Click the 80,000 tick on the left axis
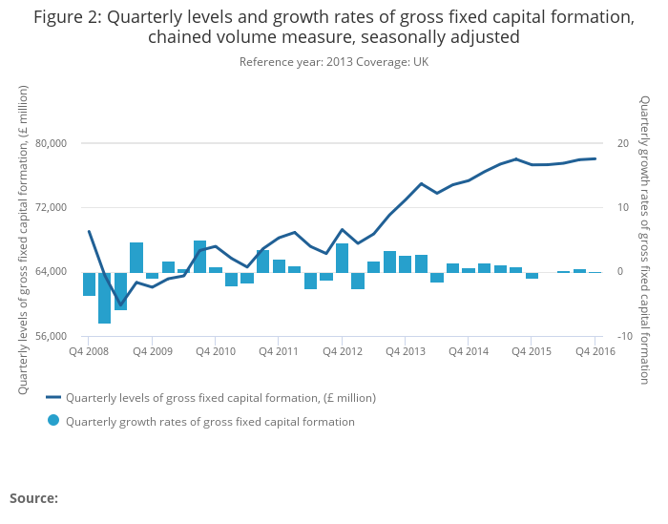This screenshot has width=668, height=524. click(x=51, y=143)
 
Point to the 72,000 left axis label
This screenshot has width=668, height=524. click(x=51, y=207)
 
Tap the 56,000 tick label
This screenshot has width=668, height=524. click(x=51, y=336)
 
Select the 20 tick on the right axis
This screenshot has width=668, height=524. click(x=622, y=143)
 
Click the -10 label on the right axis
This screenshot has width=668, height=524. click(x=624, y=336)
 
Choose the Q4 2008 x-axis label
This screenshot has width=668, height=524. click(x=89, y=351)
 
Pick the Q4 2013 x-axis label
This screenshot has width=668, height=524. click(x=405, y=351)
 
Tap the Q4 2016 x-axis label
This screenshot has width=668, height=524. click(x=595, y=351)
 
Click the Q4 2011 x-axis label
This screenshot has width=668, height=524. click(x=279, y=351)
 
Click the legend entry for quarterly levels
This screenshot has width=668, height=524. click(x=219, y=398)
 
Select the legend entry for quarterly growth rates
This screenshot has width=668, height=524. click(x=210, y=422)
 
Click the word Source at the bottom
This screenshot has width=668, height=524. click(x=33, y=498)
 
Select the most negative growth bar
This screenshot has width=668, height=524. click(x=105, y=298)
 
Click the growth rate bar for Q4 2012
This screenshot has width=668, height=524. click(x=342, y=259)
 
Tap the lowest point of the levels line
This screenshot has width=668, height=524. click(x=120, y=304)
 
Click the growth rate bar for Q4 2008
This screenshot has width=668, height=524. click(x=89, y=284)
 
